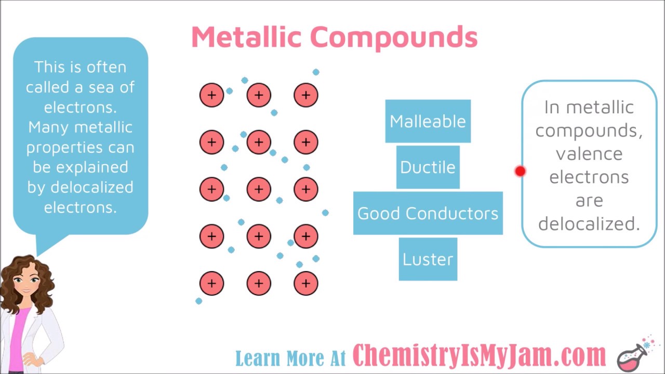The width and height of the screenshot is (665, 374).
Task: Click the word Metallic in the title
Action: point(246,37)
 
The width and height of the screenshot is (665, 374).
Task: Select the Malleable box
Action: point(428,121)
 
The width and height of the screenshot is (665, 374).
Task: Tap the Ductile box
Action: point(428,167)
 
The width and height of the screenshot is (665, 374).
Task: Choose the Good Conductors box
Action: point(428,213)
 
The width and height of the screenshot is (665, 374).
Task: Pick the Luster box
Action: point(428,259)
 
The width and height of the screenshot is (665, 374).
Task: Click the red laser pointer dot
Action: point(520,171)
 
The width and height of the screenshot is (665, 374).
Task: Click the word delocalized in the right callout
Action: point(589,224)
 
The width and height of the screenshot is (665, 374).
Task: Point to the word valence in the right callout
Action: point(589,154)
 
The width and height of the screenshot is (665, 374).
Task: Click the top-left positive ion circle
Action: point(211,95)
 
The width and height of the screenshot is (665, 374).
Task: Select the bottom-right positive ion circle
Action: point(305,283)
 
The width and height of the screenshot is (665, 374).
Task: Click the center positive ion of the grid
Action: point(259,189)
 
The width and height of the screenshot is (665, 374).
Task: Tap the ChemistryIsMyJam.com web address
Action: point(479,356)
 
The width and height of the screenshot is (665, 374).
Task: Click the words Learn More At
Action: point(290,358)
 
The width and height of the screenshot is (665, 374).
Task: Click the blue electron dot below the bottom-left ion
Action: point(198,301)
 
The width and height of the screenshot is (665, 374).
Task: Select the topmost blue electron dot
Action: point(316,72)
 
